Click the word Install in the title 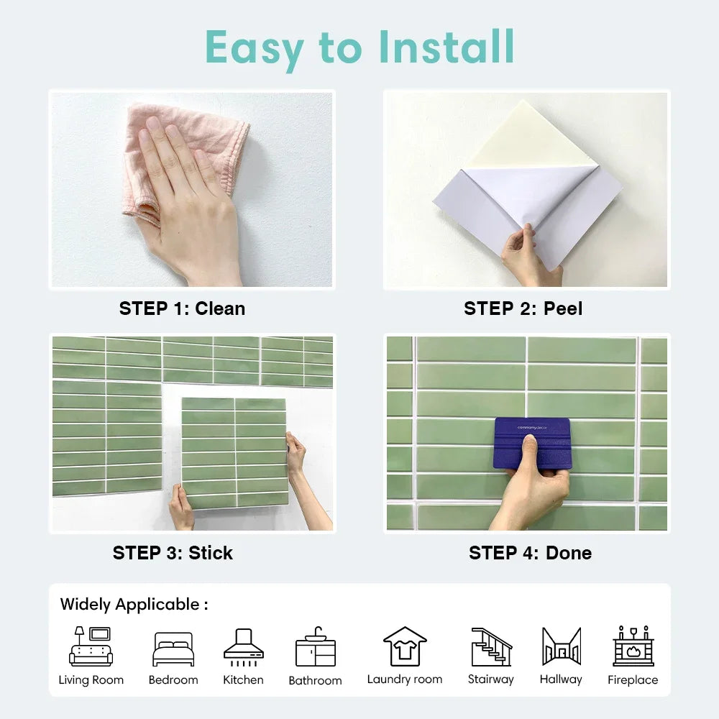pos(446,48)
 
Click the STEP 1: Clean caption pos(182,308)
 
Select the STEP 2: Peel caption pos(523,308)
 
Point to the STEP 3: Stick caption pos(173,553)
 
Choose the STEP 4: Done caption pos(530,553)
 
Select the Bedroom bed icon pos(173,649)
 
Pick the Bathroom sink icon pos(315,647)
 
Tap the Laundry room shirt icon pos(405,646)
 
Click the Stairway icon pos(491,646)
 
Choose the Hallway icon pos(561,646)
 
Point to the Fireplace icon pos(633,646)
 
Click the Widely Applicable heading pos(134,605)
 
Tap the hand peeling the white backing pos(528,255)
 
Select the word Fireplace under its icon pos(633,680)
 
